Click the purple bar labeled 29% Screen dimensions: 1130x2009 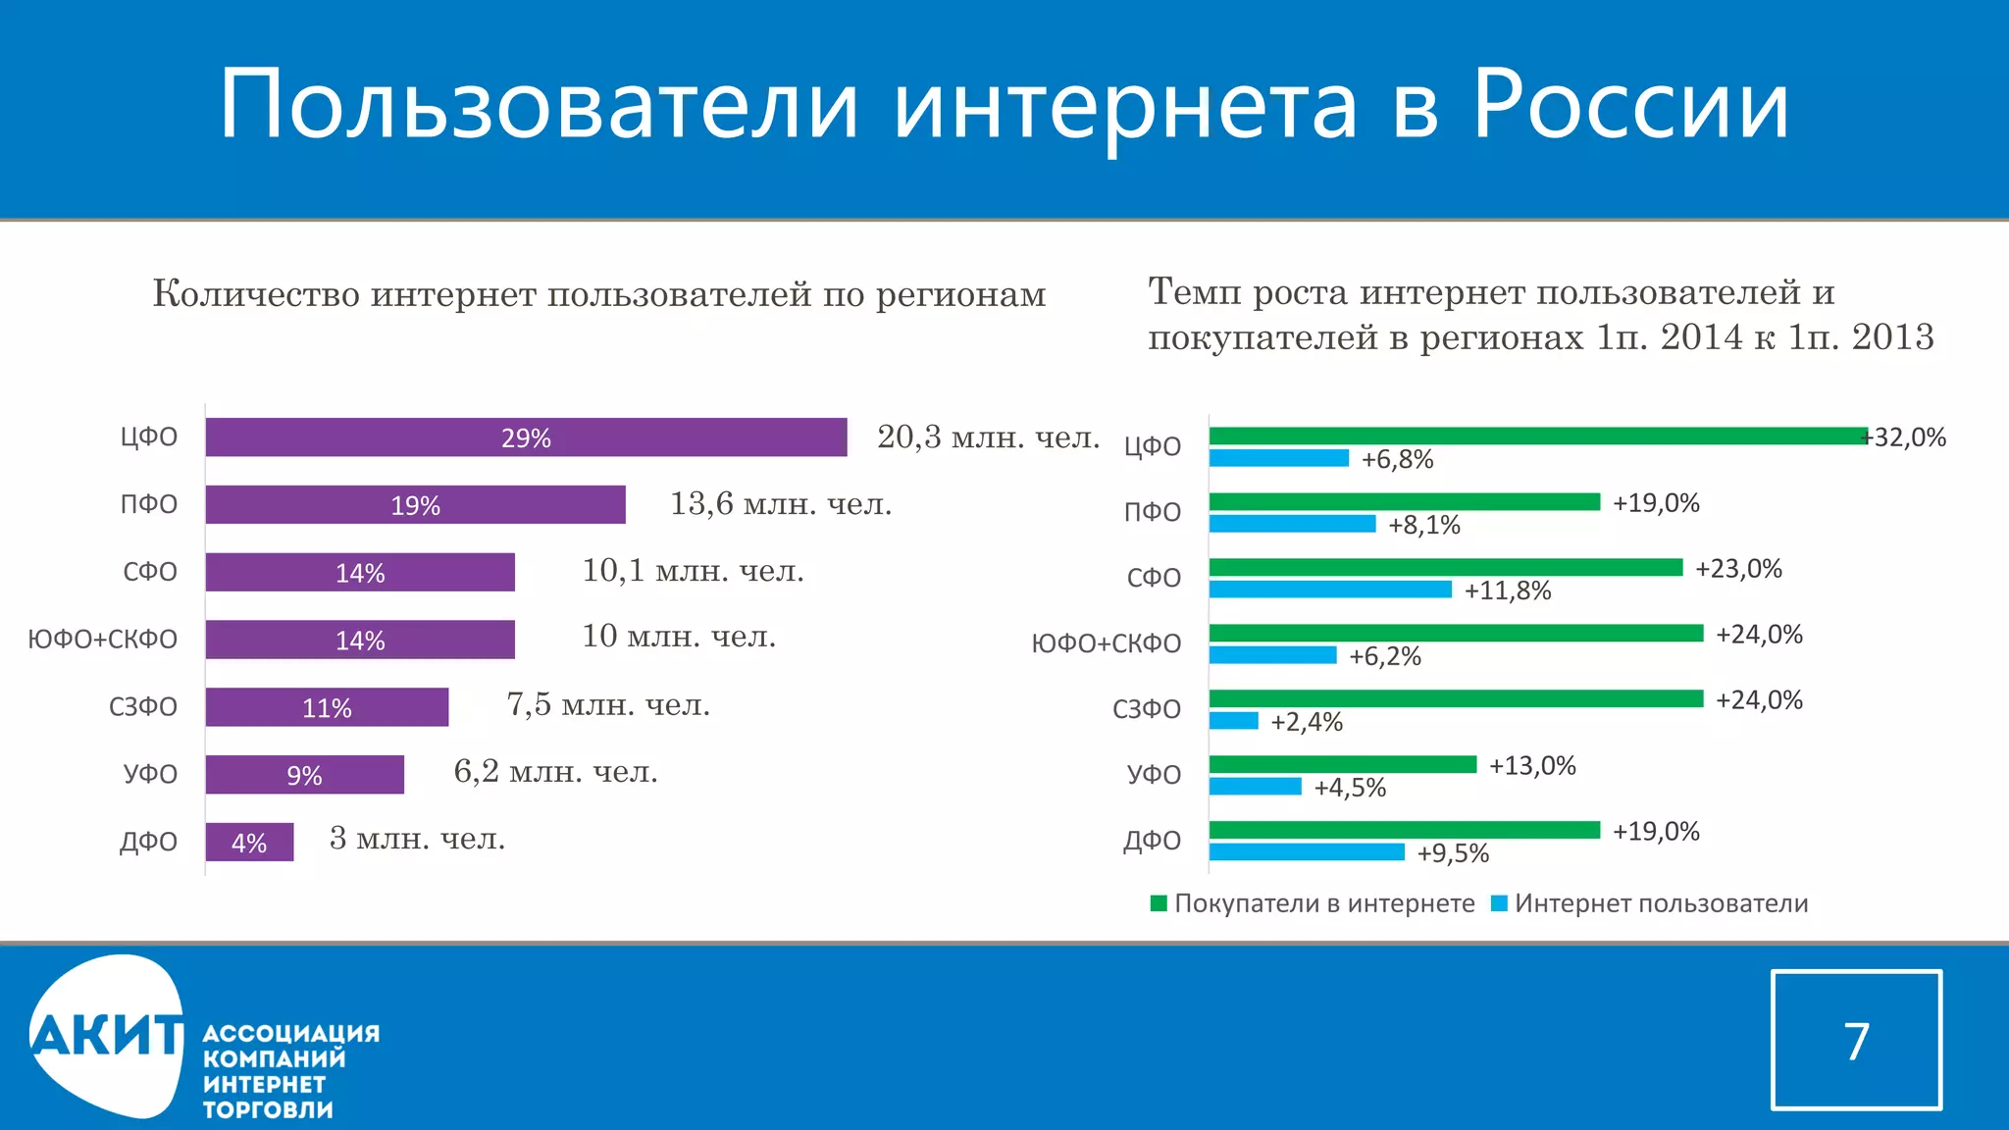click(526, 437)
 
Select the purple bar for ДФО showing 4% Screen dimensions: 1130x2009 click(249, 843)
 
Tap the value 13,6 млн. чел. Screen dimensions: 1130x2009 click(781, 504)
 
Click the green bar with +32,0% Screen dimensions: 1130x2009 click(1537, 437)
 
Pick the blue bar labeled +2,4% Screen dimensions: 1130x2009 click(1233, 721)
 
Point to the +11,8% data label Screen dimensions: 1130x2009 click(1507, 591)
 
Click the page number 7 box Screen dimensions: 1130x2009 click(1856, 1040)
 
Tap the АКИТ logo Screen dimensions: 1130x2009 click(106, 1036)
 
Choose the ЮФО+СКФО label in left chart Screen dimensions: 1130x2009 click(103, 640)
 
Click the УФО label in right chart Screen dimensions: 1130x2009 click(1154, 775)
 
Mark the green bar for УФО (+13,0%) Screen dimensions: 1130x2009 click(1342, 764)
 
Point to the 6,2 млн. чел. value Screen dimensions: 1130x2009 click(555, 772)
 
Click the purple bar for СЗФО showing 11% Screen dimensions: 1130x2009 click(327, 707)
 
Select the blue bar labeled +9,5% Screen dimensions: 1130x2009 click(1306, 852)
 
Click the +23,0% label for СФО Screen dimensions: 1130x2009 click(1738, 569)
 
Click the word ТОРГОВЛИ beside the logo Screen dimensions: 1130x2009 click(268, 1110)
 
